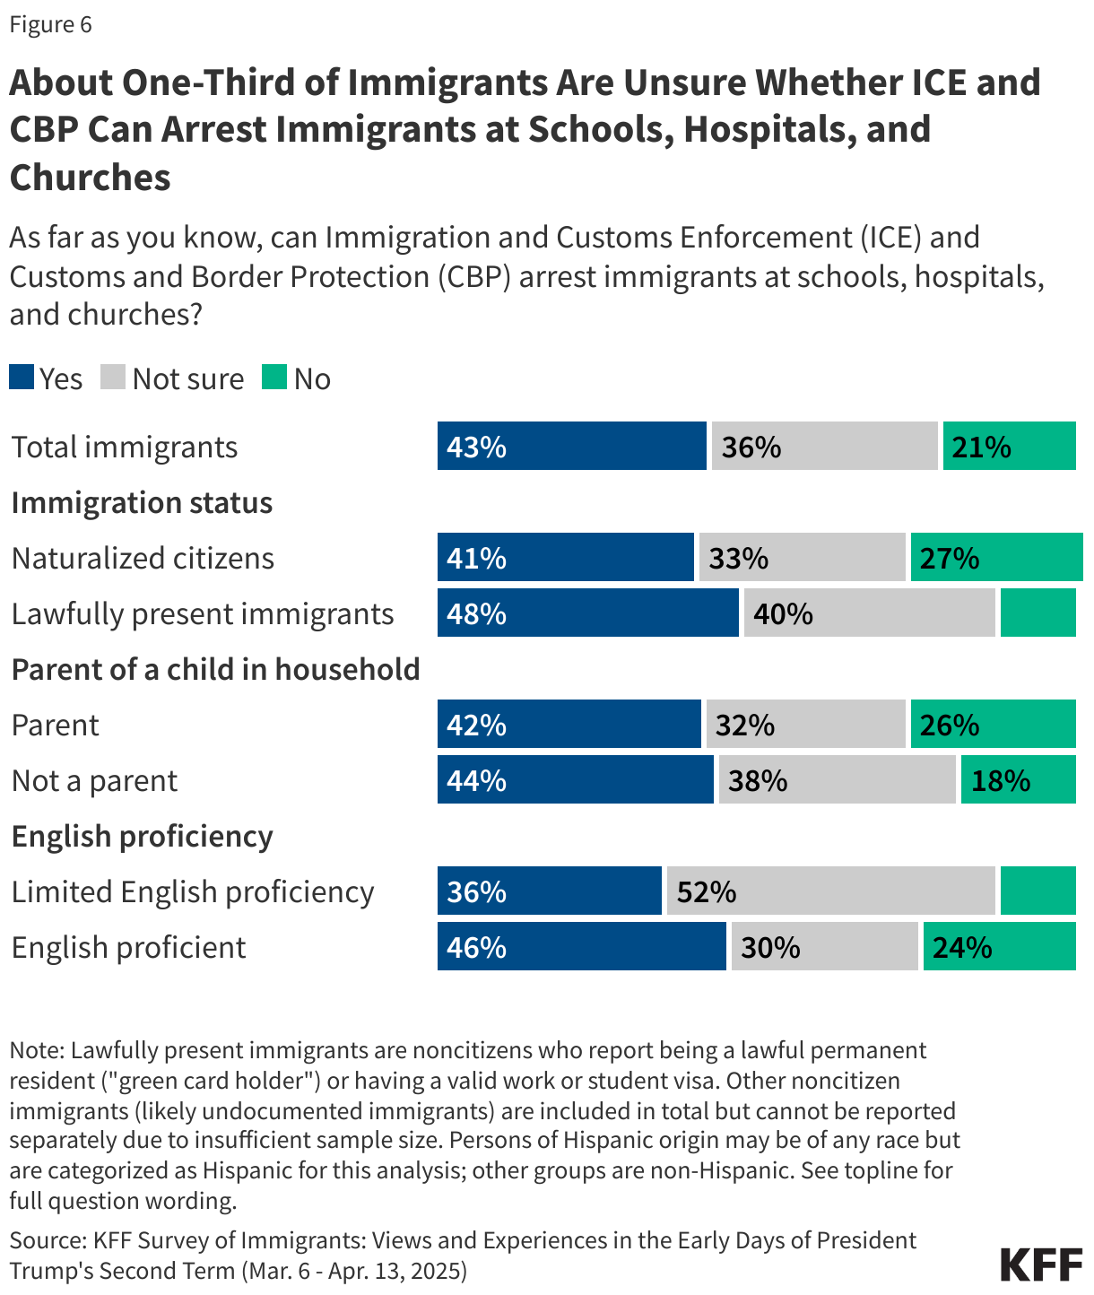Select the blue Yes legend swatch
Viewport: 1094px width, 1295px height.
[x=22, y=378]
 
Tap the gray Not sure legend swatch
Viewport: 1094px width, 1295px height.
[x=113, y=378]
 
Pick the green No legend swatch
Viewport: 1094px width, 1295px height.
[x=274, y=378]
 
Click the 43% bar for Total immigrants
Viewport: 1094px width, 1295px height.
[x=571, y=446]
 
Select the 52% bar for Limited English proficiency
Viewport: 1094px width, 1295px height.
[x=830, y=891]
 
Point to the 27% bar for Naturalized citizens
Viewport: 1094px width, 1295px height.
[x=996, y=557]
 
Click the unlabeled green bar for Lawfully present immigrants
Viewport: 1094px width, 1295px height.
[x=1038, y=613]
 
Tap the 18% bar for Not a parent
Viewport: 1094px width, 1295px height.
[x=1018, y=779]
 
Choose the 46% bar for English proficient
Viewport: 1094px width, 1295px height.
[x=581, y=946]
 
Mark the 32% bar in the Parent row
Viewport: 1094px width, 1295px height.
[x=805, y=724]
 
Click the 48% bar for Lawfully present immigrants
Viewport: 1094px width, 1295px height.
[x=587, y=613]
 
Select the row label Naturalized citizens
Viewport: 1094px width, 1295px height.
[x=143, y=558]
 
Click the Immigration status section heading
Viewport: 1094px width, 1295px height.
[x=142, y=502]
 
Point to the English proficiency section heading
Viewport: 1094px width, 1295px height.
[x=142, y=836]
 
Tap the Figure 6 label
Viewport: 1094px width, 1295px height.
[x=50, y=24]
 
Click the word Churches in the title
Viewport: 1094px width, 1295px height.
[x=90, y=178]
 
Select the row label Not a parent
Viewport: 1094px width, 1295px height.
[x=94, y=780]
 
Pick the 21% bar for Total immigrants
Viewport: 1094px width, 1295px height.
[x=1009, y=446]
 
